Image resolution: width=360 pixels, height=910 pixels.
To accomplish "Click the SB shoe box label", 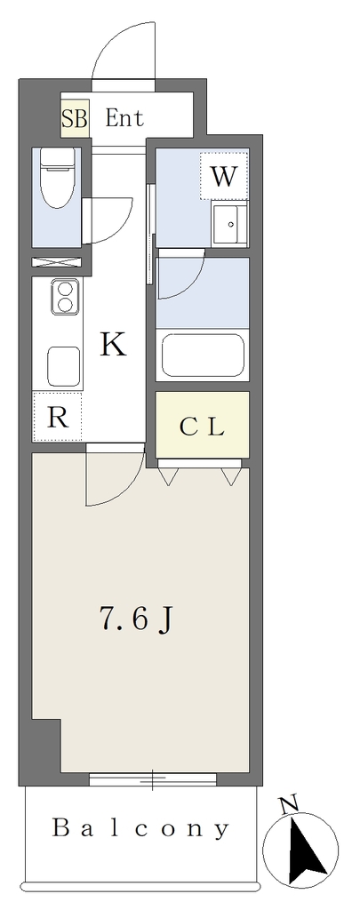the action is click(75, 120).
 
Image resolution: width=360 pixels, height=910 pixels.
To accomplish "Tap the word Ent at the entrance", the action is click(124, 118).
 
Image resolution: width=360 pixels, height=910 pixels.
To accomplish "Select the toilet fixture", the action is click(58, 178).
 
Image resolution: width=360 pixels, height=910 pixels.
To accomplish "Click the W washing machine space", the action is click(224, 176).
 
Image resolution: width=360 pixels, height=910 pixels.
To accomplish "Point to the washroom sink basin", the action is click(230, 225).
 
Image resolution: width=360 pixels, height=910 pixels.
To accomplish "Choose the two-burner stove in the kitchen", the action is click(65, 296).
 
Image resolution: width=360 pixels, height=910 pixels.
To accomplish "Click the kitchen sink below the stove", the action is click(64, 366).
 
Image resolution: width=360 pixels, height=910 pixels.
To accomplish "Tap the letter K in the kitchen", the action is click(113, 346).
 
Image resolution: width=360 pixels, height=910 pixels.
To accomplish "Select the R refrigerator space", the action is click(57, 417).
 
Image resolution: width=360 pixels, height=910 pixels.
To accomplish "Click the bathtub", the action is click(203, 355).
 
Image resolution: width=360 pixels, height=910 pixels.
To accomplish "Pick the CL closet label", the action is click(202, 427).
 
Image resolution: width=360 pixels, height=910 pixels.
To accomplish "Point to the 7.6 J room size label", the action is click(135, 619).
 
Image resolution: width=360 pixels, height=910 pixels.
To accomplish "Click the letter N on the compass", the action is click(289, 805).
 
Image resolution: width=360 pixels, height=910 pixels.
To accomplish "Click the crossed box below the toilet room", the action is click(56, 262).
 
